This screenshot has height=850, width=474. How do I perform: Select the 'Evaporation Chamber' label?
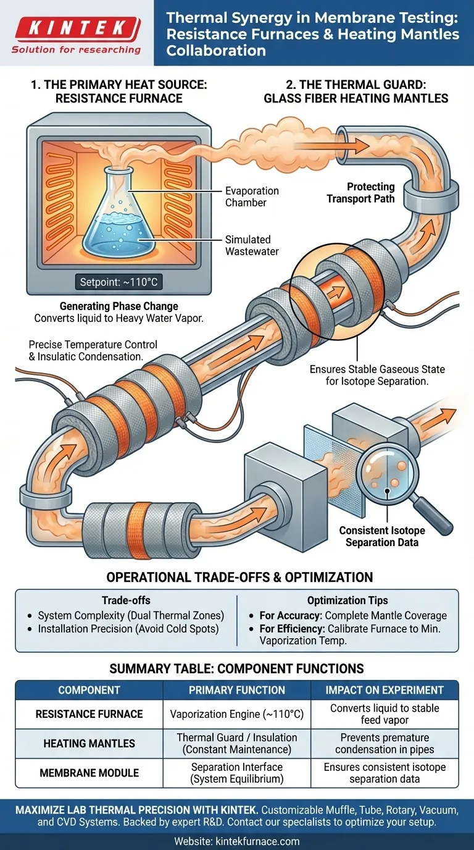pos(252,197)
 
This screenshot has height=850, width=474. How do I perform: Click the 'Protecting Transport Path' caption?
pos(361,192)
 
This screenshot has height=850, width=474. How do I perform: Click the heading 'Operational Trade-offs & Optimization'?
pos(239,578)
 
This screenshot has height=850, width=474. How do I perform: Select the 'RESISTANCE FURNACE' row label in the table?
pos(89,714)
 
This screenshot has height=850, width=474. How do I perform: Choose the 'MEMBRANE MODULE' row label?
pos(89,773)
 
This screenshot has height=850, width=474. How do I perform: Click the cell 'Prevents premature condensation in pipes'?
pos(385,744)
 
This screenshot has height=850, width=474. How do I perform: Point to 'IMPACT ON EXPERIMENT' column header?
pos(385,690)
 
